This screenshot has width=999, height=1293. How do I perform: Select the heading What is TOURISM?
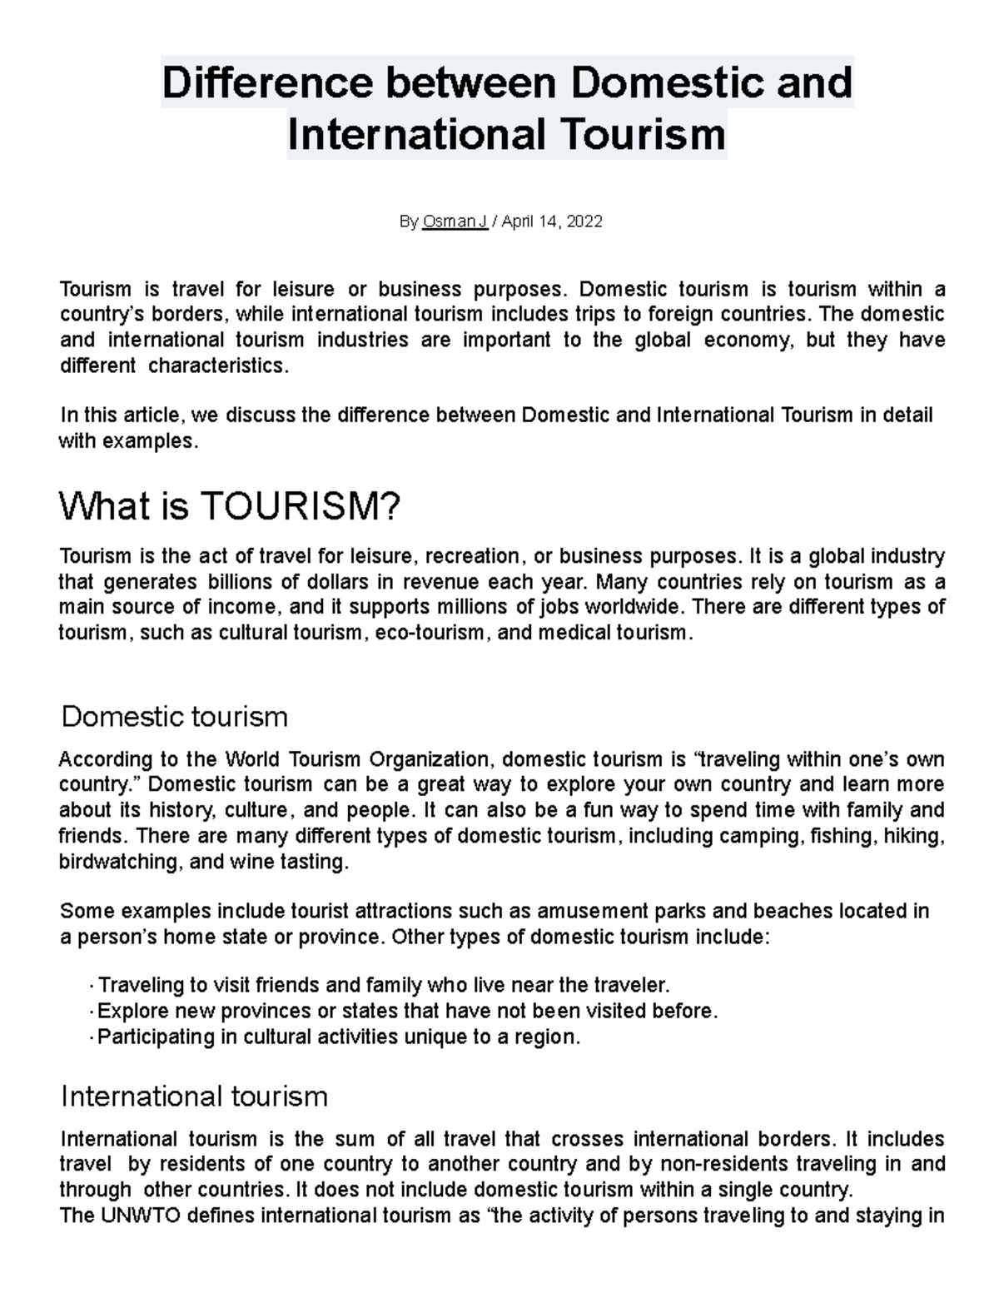coord(230,507)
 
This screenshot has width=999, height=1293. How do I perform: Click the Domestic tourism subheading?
coord(175,716)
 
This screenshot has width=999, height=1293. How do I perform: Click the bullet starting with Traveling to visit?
coord(383,986)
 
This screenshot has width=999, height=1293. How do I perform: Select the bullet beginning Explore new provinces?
coord(407,1012)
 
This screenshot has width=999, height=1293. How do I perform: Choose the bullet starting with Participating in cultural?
coord(338,1037)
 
